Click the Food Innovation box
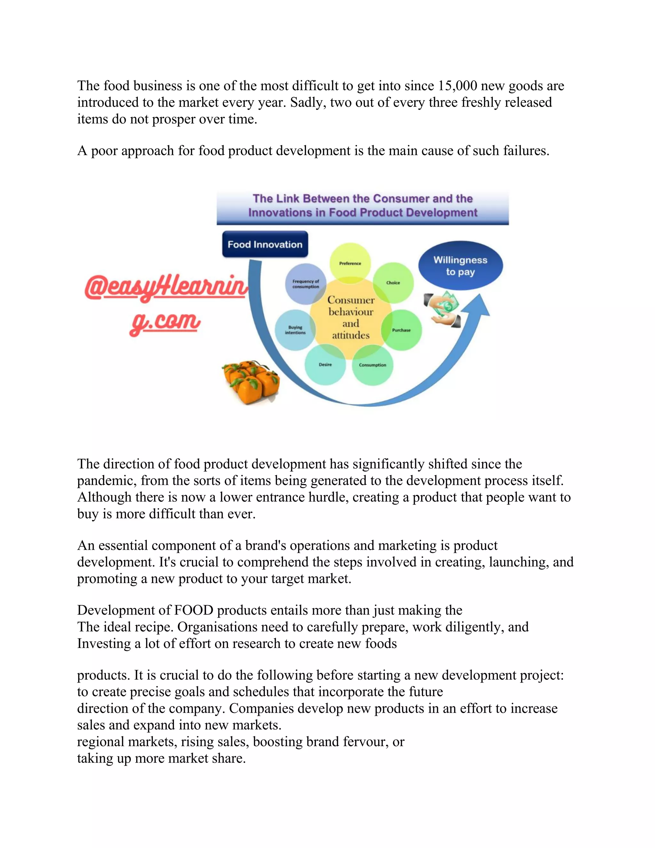pos(265,244)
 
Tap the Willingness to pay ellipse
pos(460,266)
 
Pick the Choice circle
pos(393,282)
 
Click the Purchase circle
pos(401,330)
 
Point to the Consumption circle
pos(373,365)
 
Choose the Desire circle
pos(325,364)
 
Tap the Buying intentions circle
pos(295,330)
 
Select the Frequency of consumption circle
pos(306,284)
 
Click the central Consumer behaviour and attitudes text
pos(351,317)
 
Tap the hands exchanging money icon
pos(443,309)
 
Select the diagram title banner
pos(362,206)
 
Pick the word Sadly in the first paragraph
pos(308,102)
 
